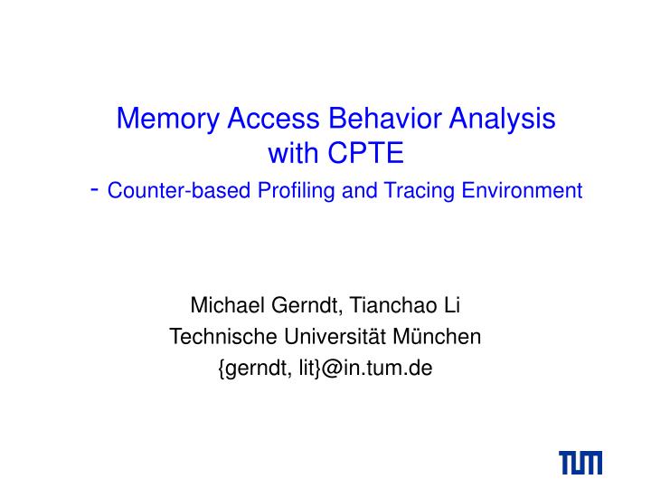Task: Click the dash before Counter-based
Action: click(x=95, y=189)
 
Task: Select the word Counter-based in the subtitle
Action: click(x=180, y=190)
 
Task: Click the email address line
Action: click(x=325, y=369)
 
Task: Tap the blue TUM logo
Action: click(x=580, y=463)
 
